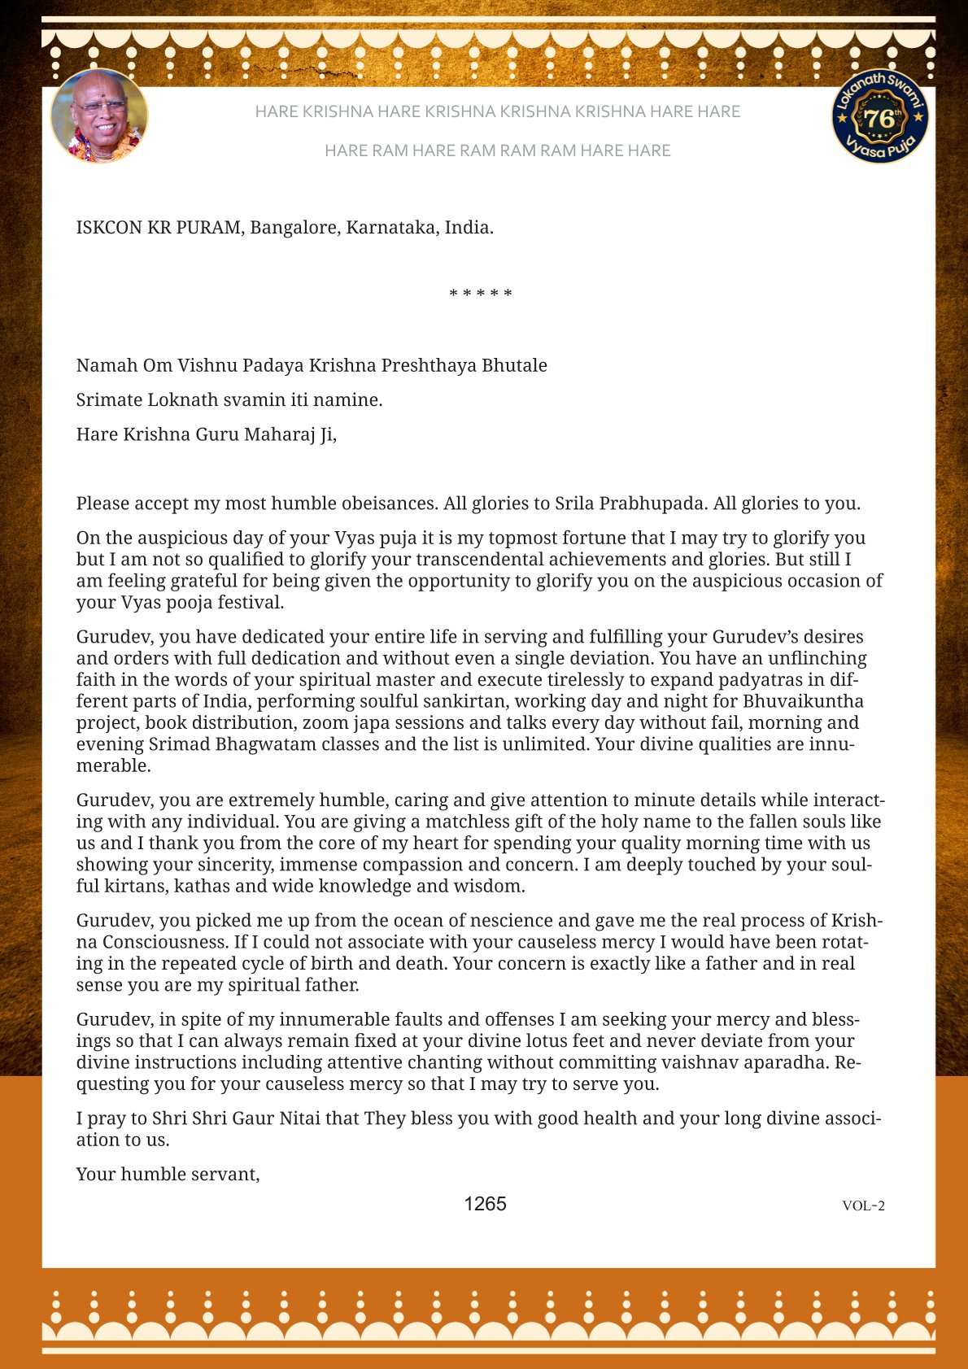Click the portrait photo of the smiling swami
pyautogui.click(x=99, y=116)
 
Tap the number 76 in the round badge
pyautogui.click(x=879, y=119)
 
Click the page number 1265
pyautogui.click(x=485, y=1204)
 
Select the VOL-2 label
pyautogui.click(x=863, y=1206)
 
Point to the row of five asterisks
pyautogui.click(x=481, y=294)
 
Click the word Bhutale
pyautogui.click(x=514, y=365)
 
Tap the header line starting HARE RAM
pyautogui.click(x=497, y=150)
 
